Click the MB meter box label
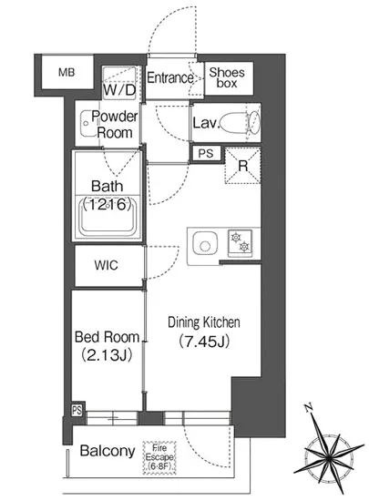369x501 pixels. pos(67,73)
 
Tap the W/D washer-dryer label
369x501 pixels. pos(119,90)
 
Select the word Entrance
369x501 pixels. pos(170,77)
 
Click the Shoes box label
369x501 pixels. pos(227,78)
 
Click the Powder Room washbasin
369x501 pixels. pos(87,123)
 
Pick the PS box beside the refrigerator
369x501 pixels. pos(205,153)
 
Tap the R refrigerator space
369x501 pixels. pos(242,166)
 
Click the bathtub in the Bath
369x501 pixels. pos(108,217)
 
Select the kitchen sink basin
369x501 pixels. pos(205,245)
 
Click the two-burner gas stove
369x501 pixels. pos(240,242)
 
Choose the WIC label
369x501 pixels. pos(106,265)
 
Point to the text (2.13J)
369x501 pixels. pos(107,355)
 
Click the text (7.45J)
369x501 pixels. pos(204,342)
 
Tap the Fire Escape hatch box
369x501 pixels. pos(159,457)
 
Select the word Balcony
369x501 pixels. pos(108,451)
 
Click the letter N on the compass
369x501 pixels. pos(308,408)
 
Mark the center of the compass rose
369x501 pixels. pos(329,458)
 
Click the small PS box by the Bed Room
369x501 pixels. pos(77,410)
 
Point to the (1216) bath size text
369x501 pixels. pos(108,204)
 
